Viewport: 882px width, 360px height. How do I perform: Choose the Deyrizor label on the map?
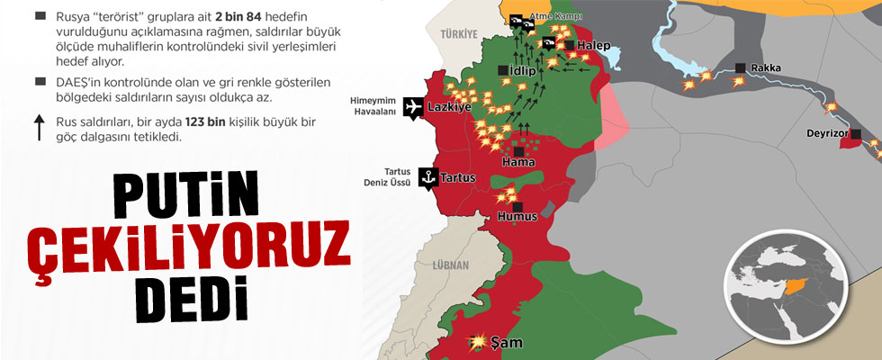[x=829, y=135]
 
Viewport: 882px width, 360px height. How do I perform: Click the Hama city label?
[x=518, y=163]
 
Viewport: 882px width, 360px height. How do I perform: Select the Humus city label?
[x=518, y=217]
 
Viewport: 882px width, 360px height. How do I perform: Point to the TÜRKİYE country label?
[x=457, y=34]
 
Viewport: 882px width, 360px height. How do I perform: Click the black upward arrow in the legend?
[x=40, y=128]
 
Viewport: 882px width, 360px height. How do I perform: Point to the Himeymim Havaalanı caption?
[x=369, y=107]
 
